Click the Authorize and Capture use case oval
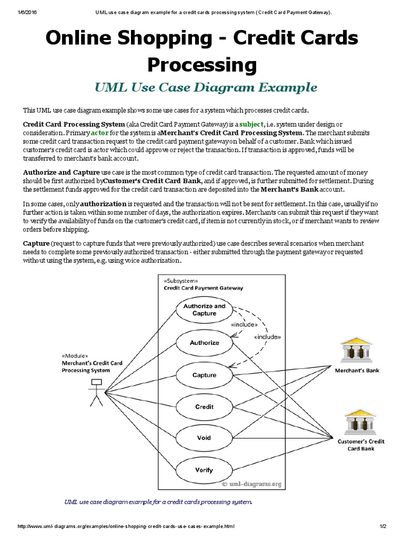click(204, 310)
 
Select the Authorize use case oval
click(204, 343)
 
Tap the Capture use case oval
click(204, 375)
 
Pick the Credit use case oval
click(204, 407)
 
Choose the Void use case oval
click(204, 438)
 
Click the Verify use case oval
click(204, 470)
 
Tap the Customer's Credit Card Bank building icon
click(360, 422)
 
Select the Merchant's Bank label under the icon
click(357, 371)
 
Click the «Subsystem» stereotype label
click(181, 281)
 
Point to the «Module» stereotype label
click(75, 355)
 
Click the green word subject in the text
click(251, 124)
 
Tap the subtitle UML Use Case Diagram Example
click(206, 87)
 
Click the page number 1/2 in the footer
click(382, 526)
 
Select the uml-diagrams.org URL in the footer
click(126, 526)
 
